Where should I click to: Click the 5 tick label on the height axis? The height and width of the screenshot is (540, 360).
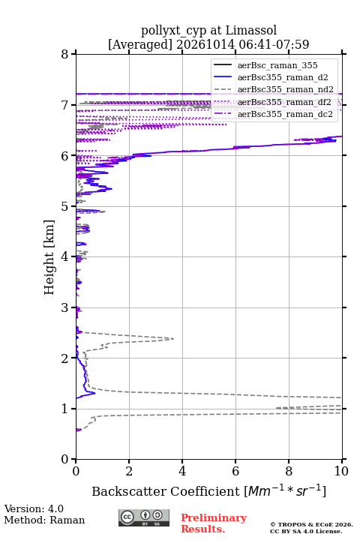(x=64, y=206)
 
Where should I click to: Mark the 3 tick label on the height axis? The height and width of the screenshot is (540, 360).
(x=64, y=307)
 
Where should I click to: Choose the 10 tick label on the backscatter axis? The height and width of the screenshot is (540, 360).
(x=341, y=471)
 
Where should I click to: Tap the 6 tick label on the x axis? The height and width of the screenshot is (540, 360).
(x=235, y=471)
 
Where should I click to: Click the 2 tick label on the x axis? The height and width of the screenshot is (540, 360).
(x=129, y=471)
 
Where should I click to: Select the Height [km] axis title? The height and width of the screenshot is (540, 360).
(x=49, y=257)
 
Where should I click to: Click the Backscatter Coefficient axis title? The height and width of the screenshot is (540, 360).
(x=208, y=491)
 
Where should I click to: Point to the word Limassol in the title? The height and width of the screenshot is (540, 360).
(x=251, y=30)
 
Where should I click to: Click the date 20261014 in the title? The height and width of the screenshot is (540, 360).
(x=205, y=44)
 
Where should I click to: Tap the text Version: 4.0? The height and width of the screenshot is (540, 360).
(x=34, y=508)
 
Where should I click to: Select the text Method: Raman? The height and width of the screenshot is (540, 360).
(x=44, y=520)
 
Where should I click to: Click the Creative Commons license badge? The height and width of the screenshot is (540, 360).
(x=144, y=517)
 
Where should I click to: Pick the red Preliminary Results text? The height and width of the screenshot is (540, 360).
(x=214, y=523)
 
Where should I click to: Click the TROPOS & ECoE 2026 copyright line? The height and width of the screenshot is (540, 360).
(x=311, y=524)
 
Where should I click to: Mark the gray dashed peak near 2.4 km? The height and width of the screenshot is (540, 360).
(x=173, y=339)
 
